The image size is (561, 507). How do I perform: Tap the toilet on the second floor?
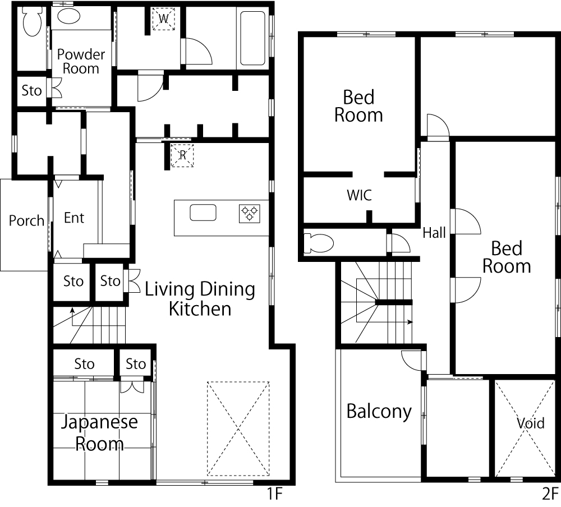pos(319,243)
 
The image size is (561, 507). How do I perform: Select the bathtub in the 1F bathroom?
pos(252,38)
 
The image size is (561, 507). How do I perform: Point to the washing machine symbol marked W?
pos(163,19)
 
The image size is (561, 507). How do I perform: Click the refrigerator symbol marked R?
pos(182,155)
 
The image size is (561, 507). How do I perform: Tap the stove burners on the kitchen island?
pos(250,214)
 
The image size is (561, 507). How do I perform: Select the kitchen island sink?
pos(203,213)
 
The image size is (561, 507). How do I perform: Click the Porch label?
pos(26,221)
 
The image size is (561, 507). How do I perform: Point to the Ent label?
pos(74,218)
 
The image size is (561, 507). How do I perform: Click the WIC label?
pos(359,195)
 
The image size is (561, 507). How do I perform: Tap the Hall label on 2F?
pos(434,233)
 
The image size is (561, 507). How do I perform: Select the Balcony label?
pos(379,412)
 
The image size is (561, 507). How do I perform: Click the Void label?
pos(531,423)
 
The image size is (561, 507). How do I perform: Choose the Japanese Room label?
pos(99,433)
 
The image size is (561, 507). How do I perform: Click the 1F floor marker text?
pos(274,494)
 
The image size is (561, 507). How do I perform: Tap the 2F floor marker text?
pos(550,494)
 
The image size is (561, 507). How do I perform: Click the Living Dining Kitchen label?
pos(200,299)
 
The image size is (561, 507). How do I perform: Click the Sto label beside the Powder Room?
pos(31,90)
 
